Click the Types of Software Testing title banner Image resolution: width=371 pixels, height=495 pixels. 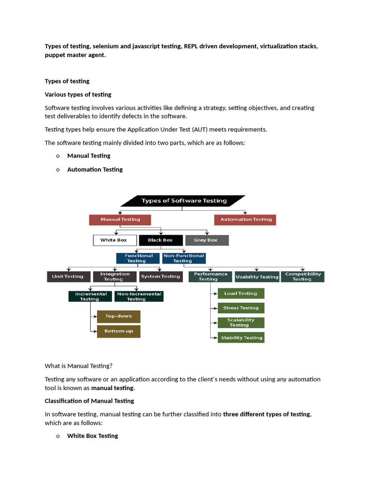[x=184, y=201]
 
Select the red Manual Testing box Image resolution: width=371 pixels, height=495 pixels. [x=120, y=219]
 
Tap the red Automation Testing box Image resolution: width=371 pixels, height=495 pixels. [x=245, y=219]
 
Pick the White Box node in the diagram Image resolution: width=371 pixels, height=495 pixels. [x=114, y=240]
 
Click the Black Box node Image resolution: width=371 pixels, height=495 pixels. [x=160, y=240]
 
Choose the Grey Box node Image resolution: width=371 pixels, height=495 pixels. [x=206, y=240]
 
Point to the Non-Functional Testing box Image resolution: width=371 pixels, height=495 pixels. [x=184, y=259]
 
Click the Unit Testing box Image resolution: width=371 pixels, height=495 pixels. [x=68, y=277]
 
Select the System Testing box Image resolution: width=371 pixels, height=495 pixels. [x=160, y=277]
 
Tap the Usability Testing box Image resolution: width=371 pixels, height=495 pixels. [x=257, y=277]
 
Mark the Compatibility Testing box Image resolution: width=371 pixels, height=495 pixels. [x=302, y=277]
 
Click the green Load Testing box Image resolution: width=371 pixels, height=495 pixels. [x=241, y=293]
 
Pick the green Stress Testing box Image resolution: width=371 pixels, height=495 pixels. [x=241, y=308]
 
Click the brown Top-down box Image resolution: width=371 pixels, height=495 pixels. [x=118, y=317]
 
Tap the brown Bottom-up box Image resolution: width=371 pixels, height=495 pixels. [x=118, y=331]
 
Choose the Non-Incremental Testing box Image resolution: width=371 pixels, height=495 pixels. [x=139, y=296]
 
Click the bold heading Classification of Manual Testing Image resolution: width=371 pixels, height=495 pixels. [x=89, y=401]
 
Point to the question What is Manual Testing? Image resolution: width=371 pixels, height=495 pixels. [x=78, y=366]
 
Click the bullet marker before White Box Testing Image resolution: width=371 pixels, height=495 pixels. [x=58, y=436]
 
